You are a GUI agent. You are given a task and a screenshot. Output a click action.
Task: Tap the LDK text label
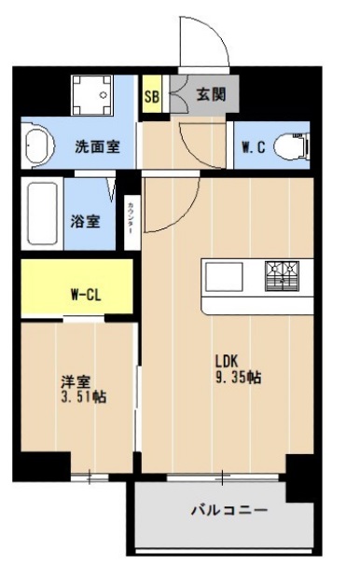(x=229, y=361)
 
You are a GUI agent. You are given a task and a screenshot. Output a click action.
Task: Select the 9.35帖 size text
(x=236, y=378)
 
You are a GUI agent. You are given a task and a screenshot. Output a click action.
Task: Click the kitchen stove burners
(x=284, y=273)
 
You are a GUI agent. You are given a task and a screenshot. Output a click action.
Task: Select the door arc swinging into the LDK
(x=177, y=205)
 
